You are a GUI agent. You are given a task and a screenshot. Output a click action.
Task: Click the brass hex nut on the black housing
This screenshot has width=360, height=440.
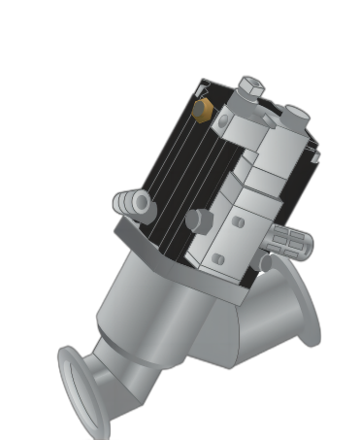coord(203,108)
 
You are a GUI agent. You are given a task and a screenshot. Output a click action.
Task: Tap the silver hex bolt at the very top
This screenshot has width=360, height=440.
coord(249,88)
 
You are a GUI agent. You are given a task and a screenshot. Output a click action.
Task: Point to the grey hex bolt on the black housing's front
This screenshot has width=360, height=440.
coord(198,220)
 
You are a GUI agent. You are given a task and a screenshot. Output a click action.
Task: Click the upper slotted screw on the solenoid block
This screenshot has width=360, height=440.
coord(238,222)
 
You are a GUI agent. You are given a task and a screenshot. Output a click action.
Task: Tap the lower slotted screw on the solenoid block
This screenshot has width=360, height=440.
coord(219,259)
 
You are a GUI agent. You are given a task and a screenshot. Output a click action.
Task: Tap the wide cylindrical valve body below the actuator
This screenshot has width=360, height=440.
coord(175,311)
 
